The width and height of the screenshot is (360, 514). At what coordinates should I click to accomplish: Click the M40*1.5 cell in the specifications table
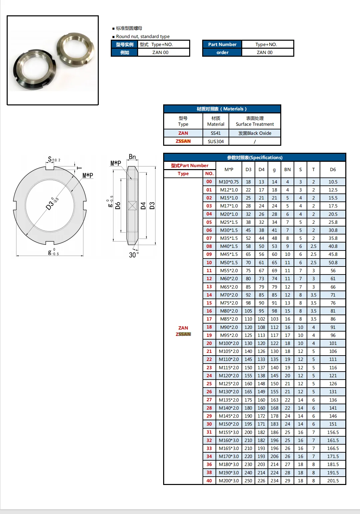pyautogui.click(x=229, y=246)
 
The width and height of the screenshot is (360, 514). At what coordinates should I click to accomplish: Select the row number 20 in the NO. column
pyautogui.click(x=209, y=343)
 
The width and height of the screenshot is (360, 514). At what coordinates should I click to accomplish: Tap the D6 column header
pyautogui.click(x=333, y=169)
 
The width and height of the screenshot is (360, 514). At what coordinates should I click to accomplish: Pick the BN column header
pyautogui.click(x=287, y=169)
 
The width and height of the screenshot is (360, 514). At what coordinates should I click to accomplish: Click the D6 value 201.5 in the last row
pyautogui.click(x=333, y=481)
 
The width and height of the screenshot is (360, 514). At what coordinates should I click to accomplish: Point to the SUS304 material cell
pyautogui.click(x=216, y=141)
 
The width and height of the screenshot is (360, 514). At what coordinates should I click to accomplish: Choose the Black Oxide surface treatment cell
pyautogui.click(x=255, y=133)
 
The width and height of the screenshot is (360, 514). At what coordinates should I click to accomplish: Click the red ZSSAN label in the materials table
pyautogui.click(x=183, y=141)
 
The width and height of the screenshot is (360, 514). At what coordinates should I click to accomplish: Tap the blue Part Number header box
pyautogui.click(x=222, y=44)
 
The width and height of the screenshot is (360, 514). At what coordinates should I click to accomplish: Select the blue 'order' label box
pyautogui.click(x=222, y=52)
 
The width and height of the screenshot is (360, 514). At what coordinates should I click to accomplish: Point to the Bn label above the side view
pyautogui.click(x=132, y=157)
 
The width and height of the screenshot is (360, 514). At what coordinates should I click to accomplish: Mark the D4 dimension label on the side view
pyautogui.click(x=143, y=205)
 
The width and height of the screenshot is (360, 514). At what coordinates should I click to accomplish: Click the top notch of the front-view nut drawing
pyautogui.click(x=50, y=168)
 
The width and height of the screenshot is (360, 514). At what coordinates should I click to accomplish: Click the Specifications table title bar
pyautogui.click(x=255, y=157)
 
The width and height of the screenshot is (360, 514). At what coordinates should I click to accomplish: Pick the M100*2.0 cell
pyautogui.click(x=229, y=343)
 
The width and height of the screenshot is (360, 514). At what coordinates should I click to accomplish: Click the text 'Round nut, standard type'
pyautogui.click(x=142, y=36)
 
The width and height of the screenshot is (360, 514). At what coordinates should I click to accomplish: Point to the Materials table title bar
pyautogui.click(x=222, y=109)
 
